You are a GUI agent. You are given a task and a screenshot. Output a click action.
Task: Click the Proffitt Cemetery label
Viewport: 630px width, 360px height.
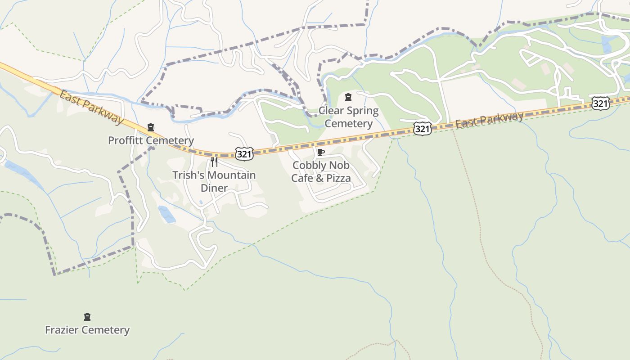151,140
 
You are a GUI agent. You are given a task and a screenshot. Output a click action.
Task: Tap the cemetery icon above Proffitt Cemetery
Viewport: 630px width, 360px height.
151,128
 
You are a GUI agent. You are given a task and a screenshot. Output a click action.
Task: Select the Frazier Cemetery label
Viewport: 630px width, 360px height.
87,330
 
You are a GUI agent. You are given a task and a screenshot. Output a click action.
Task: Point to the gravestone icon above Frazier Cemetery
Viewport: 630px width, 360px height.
87,317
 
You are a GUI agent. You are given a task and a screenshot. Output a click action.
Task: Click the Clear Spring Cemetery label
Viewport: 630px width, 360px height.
349,117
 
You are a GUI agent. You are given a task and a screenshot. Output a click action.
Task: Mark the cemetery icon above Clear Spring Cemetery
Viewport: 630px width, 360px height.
348,97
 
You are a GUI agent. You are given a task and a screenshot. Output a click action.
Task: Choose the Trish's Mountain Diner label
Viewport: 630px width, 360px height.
214,181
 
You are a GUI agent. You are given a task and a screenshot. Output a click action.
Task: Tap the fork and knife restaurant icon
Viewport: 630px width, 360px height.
214,162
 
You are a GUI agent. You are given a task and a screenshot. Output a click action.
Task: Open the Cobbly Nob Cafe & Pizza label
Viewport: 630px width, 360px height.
321,171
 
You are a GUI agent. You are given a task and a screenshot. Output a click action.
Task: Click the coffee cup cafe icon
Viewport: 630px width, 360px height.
321,152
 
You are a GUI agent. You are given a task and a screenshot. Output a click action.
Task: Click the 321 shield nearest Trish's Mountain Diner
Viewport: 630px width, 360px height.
244,154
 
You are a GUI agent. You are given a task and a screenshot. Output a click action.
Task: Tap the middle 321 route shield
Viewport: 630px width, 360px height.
423,129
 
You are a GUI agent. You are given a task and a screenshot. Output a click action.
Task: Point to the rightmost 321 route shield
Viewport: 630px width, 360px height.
601,103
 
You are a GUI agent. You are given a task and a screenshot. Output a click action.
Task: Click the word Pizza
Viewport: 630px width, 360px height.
338,178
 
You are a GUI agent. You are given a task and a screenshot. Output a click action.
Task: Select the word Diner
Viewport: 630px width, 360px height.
214,188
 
